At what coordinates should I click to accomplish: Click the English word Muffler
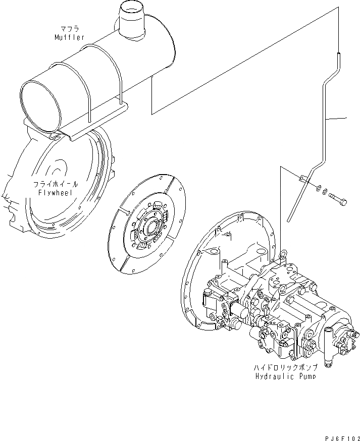tap(70, 38)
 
